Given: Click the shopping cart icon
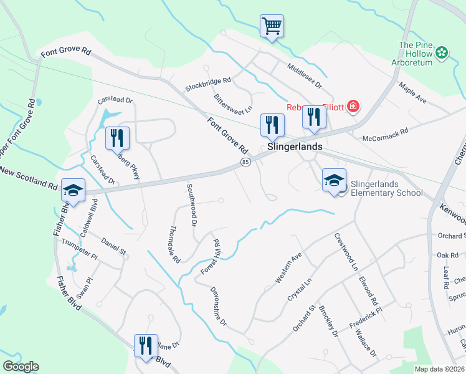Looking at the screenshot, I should point(272,26).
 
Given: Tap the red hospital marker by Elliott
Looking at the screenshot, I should point(353,107).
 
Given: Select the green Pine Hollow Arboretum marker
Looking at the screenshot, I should point(442,53).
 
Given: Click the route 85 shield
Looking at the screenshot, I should point(245,163).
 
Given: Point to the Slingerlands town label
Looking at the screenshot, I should point(295,147).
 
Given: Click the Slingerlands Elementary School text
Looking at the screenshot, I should point(386,188).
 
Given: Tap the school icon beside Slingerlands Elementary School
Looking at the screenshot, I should point(334,180).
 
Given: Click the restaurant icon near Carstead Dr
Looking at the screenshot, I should point(117,138).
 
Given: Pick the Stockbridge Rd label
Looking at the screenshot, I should point(208,80).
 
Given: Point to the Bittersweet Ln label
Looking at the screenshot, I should point(233,103).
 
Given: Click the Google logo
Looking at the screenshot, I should point(21,367).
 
